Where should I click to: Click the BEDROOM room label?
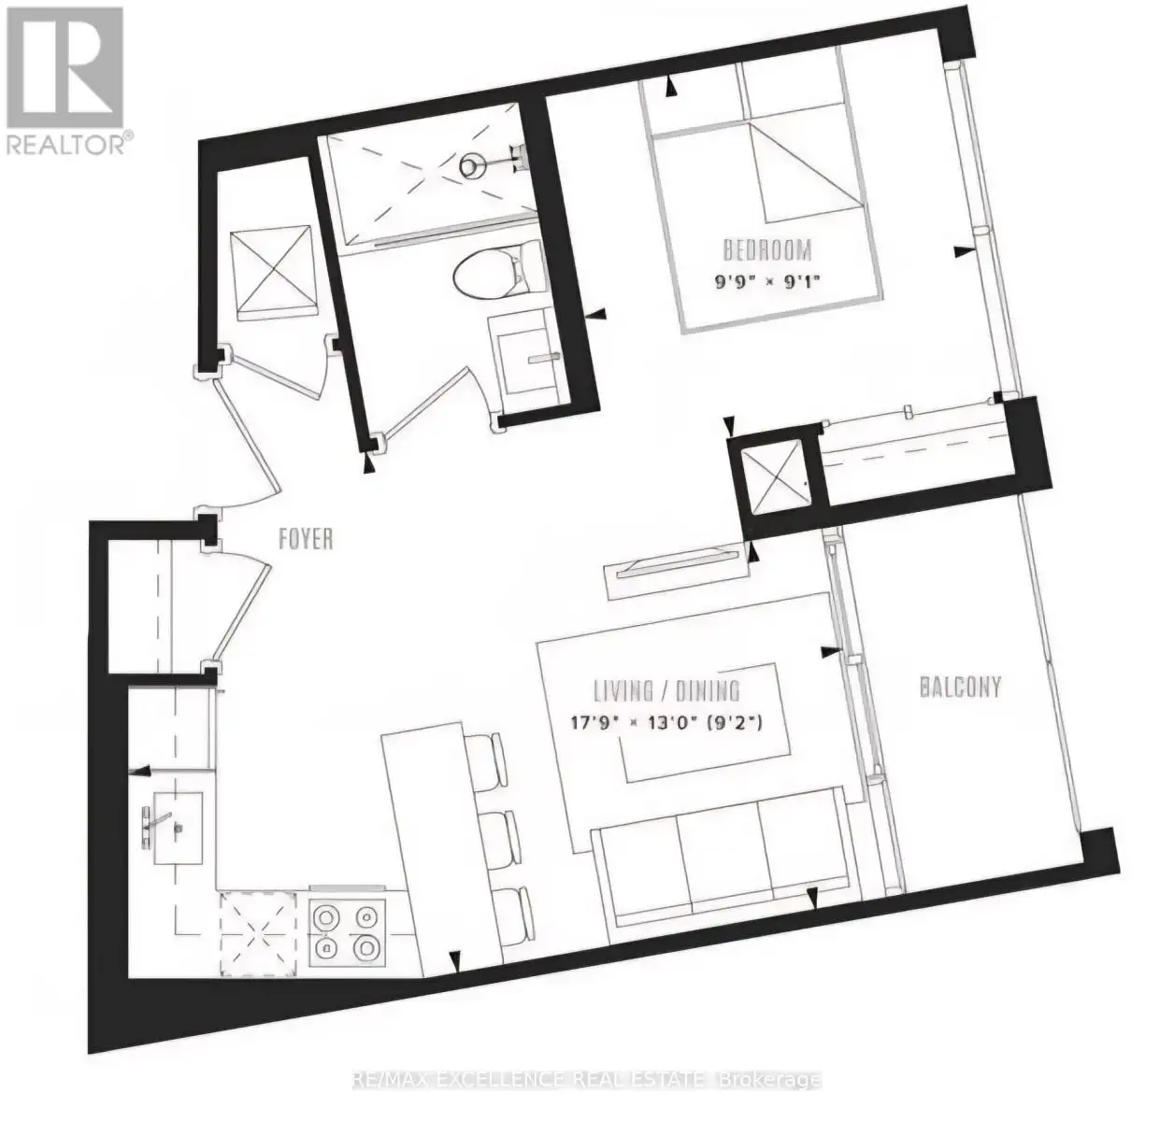pyautogui.click(x=766, y=250)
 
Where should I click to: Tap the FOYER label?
pyautogui.click(x=306, y=538)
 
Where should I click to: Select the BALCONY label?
pyautogui.click(x=961, y=688)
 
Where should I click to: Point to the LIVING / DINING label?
pyautogui.click(x=667, y=691)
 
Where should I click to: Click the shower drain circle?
pyautogui.click(x=472, y=166)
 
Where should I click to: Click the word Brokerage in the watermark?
pyautogui.click(x=771, y=1080)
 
